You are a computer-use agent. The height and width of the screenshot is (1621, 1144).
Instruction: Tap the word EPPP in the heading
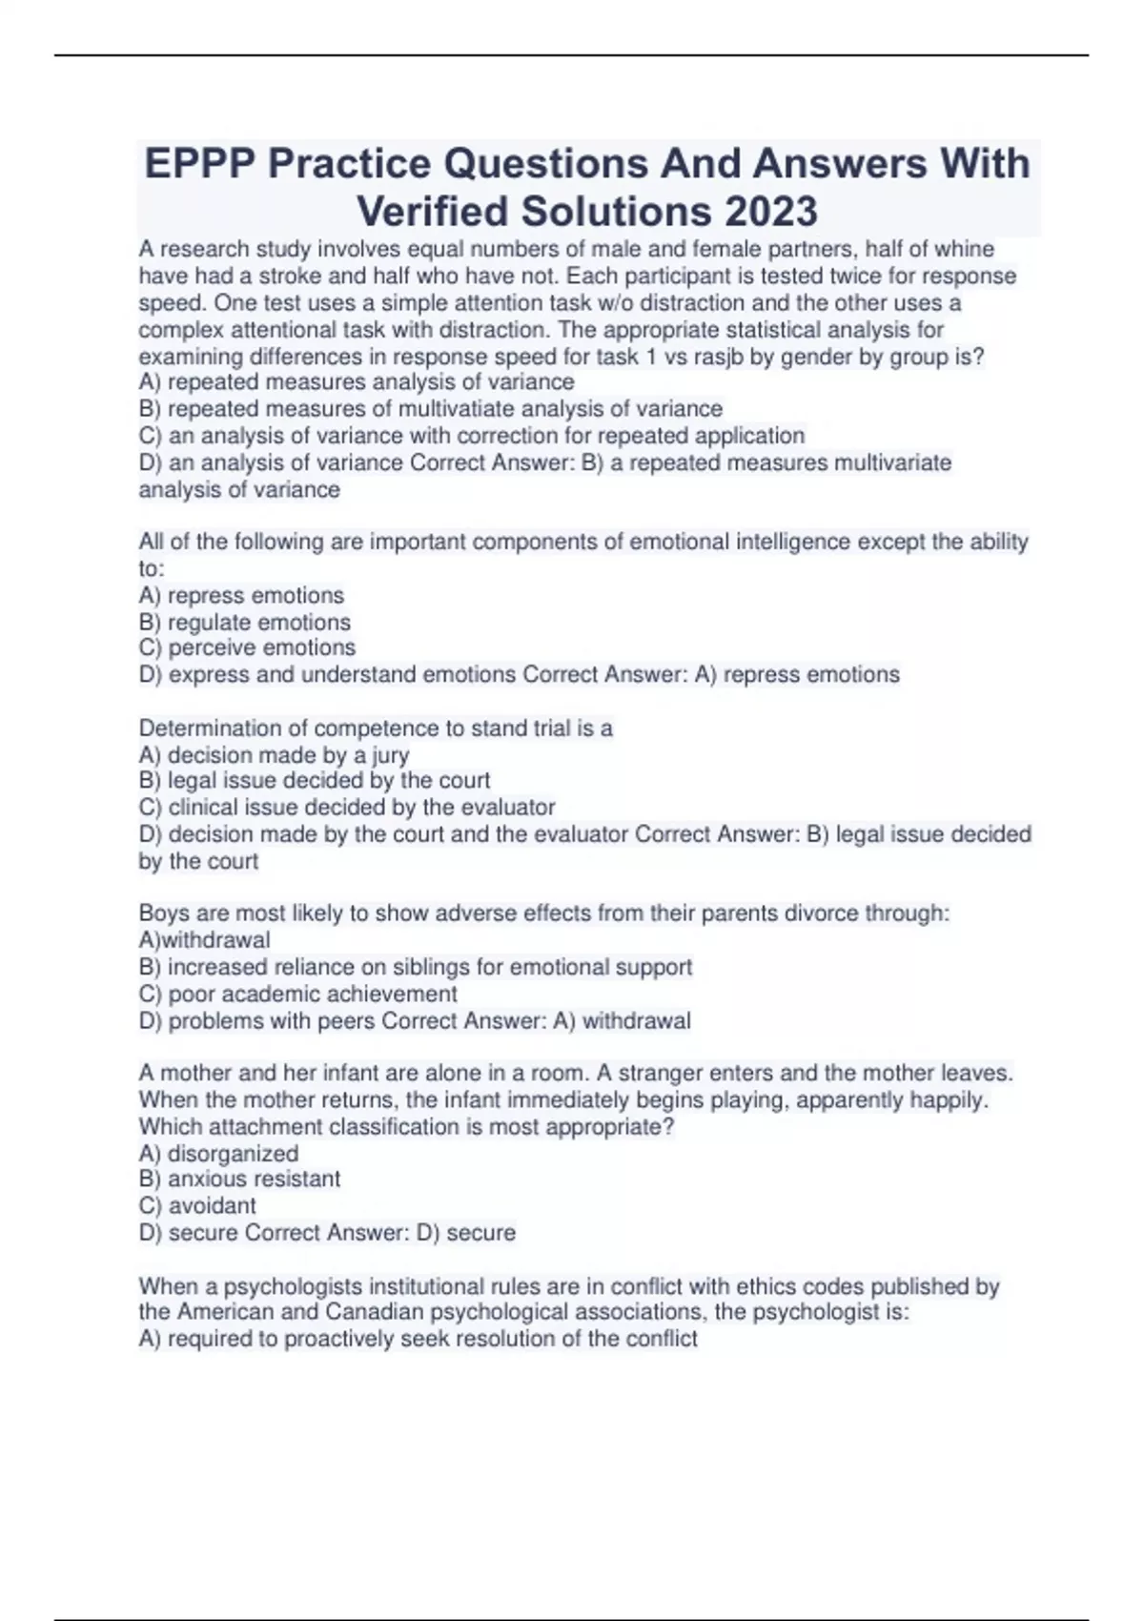pyautogui.click(x=200, y=163)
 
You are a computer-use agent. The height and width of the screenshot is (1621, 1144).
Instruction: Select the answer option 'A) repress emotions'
pyautogui.click(x=241, y=596)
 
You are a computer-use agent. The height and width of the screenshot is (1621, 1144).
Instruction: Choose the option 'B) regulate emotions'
pyautogui.click(x=245, y=623)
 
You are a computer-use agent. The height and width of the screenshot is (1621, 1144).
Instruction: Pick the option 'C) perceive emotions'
pyautogui.click(x=247, y=648)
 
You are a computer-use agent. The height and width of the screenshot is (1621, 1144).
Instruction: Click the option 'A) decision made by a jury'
pyautogui.click(x=274, y=755)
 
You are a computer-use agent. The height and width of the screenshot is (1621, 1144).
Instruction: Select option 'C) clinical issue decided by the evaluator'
pyautogui.click(x=347, y=808)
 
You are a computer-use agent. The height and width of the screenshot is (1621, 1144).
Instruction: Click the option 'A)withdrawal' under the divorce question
pyautogui.click(x=204, y=940)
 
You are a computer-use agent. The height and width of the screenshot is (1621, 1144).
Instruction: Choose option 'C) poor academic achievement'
pyautogui.click(x=297, y=994)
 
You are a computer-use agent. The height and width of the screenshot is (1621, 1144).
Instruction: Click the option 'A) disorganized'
pyautogui.click(x=218, y=1154)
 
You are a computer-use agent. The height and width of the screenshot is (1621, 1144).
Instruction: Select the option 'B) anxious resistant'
pyautogui.click(x=239, y=1180)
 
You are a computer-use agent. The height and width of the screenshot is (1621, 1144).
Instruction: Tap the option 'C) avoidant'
pyautogui.click(x=197, y=1206)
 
